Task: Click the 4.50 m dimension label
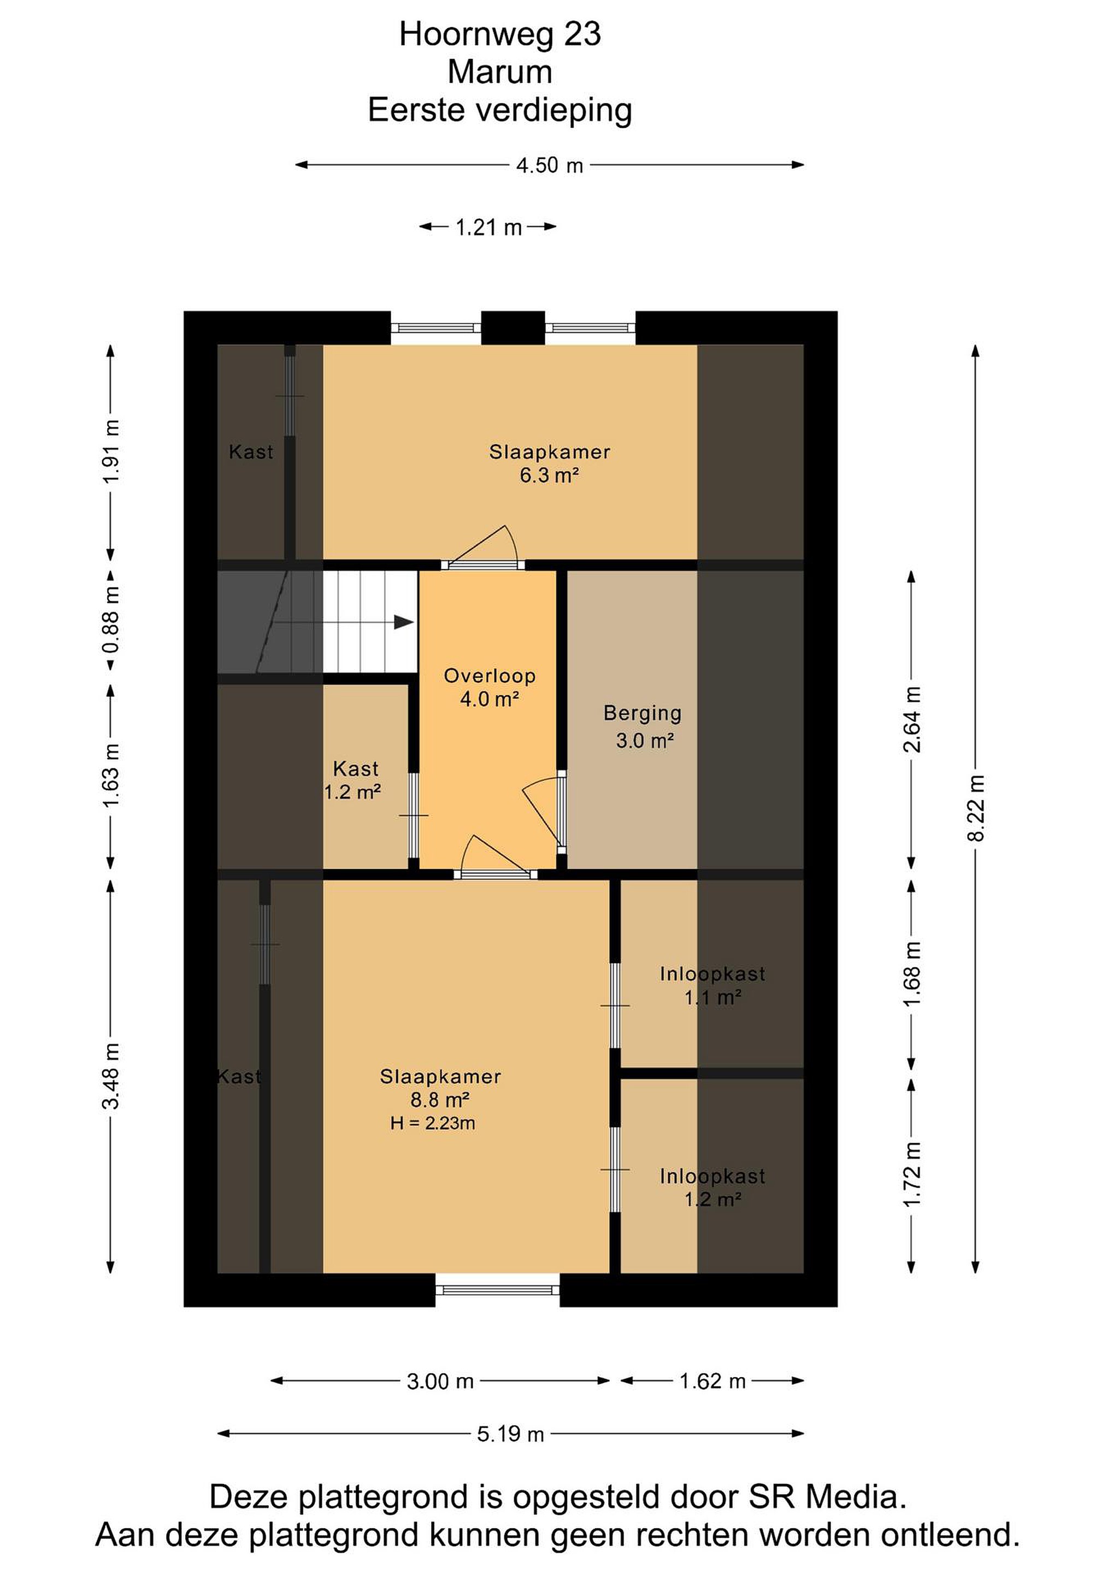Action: [549, 165]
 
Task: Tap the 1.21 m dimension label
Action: [488, 227]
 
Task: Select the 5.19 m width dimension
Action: [510, 1434]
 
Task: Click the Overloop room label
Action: [490, 687]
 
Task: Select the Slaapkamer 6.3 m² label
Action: [550, 463]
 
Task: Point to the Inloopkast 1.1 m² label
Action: [712, 985]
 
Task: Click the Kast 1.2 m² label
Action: [354, 780]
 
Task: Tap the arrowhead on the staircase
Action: [404, 622]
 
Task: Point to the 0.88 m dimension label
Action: [111, 619]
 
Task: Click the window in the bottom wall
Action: [498, 1290]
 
